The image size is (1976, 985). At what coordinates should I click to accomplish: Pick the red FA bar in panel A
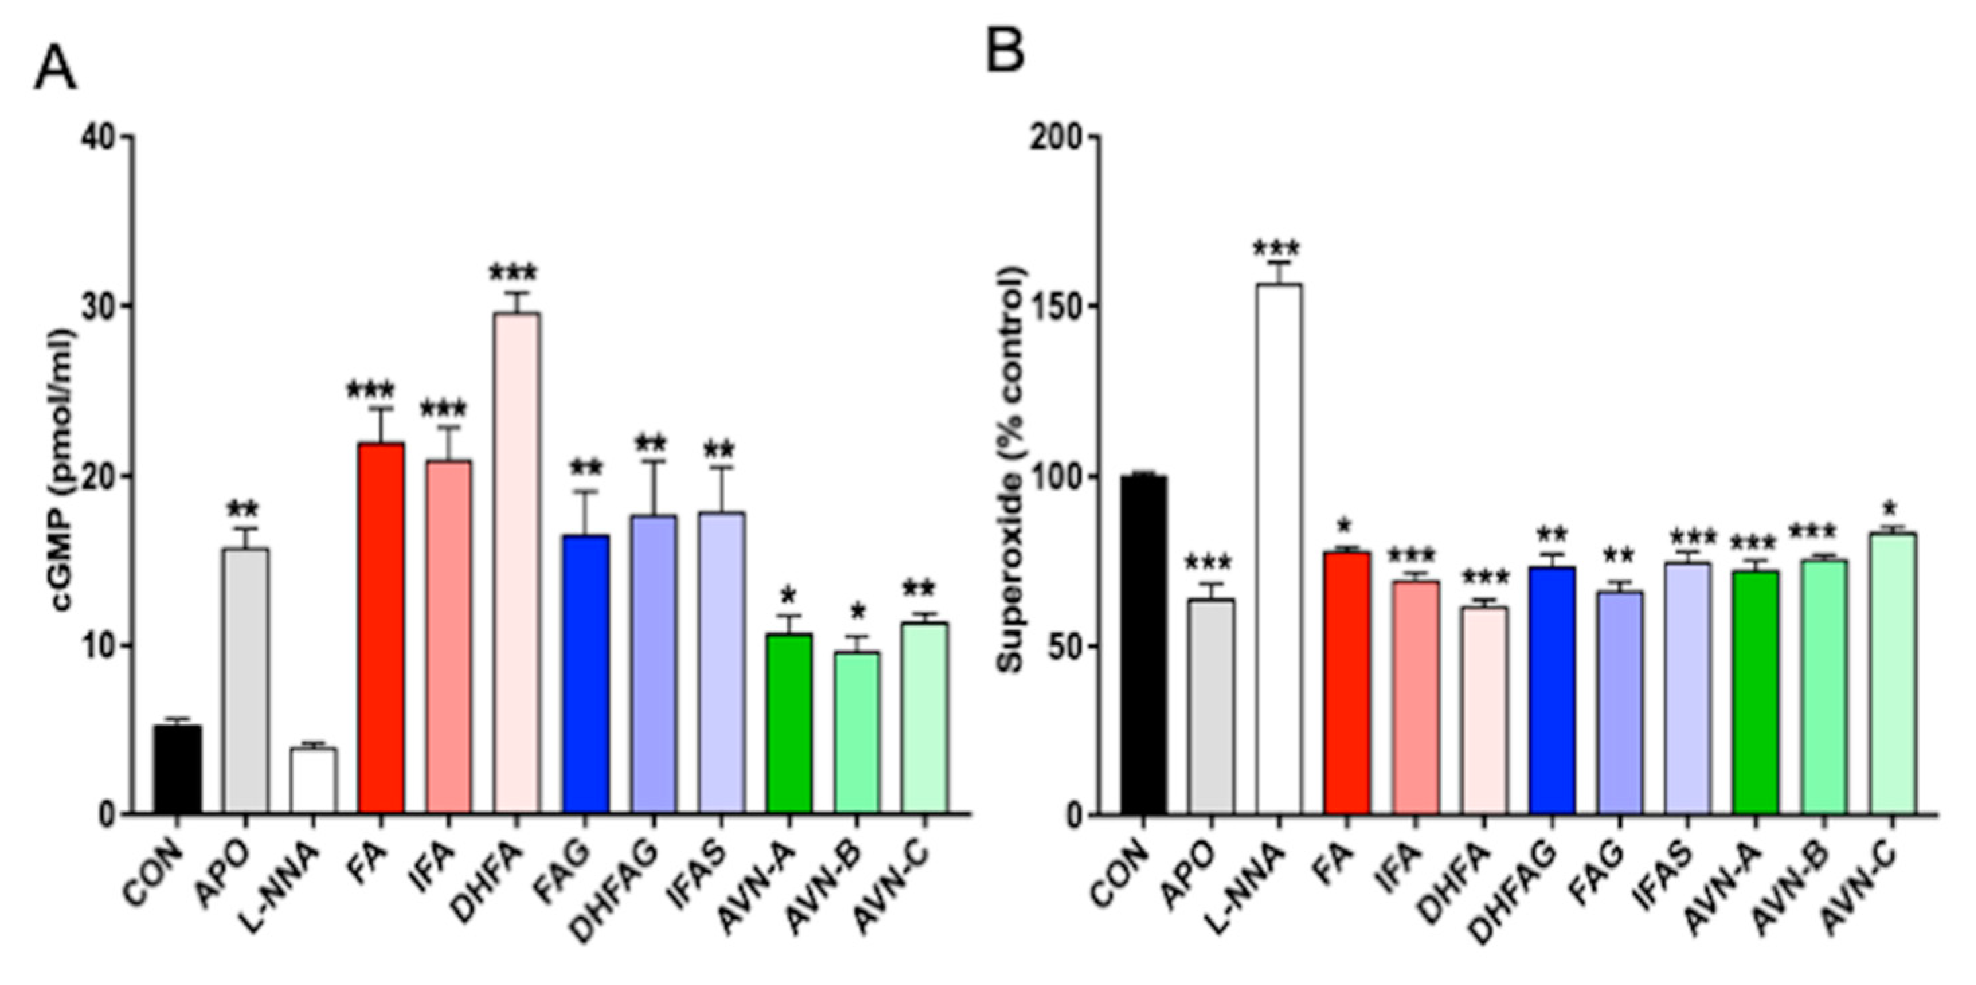[x=381, y=629]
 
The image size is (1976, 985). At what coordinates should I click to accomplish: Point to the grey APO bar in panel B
[x=1211, y=706]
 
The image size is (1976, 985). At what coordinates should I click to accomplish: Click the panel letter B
[x=1005, y=52]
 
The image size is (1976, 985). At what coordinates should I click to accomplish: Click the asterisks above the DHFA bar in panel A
[x=513, y=273]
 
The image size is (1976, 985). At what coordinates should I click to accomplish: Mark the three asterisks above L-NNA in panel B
[x=1275, y=249]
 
